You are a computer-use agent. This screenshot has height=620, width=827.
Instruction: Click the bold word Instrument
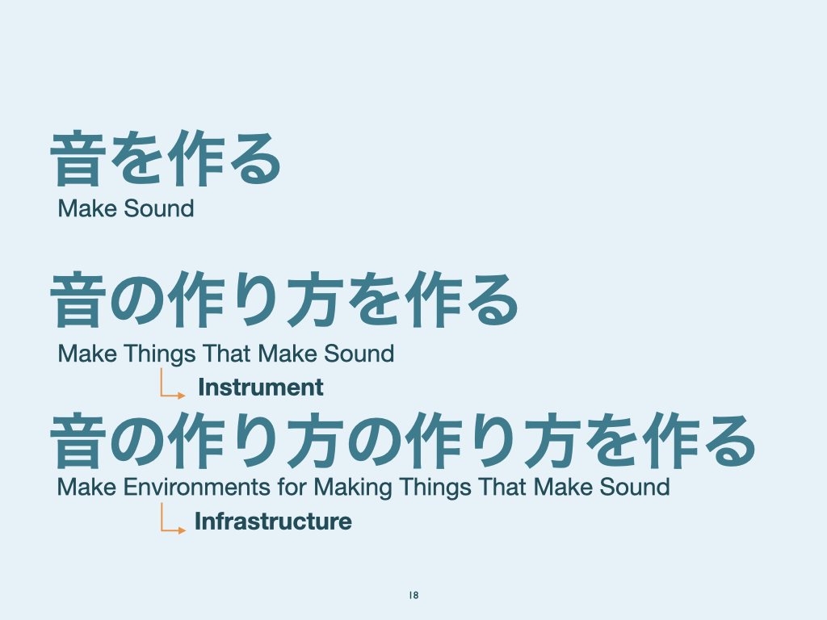pyautogui.click(x=261, y=387)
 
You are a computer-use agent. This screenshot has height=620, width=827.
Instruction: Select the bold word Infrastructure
pyautogui.click(x=273, y=522)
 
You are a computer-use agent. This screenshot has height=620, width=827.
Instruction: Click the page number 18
pyautogui.click(x=413, y=595)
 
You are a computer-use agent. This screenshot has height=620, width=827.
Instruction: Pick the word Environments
pyautogui.click(x=197, y=487)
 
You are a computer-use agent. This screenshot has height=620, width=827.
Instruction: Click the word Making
pyautogui.click(x=353, y=488)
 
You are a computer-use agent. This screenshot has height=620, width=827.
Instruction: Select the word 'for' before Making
pyautogui.click(x=292, y=487)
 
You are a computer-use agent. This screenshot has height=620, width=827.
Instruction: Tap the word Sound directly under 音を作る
pyautogui.click(x=159, y=208)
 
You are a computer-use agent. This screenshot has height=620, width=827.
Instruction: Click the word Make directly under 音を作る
pyautogui.click(x=87, y=208)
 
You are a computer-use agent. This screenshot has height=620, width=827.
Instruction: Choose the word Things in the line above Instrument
pyautogui.click(x=160, y=354)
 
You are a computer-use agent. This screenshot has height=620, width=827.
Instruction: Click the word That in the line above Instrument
pyautogui.click(x=227, y=354)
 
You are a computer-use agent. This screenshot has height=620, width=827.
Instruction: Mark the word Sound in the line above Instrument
pyautogui.click(x=359, y=354)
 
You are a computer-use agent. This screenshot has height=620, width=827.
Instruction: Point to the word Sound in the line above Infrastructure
pyautogui.click(x=635, y=487)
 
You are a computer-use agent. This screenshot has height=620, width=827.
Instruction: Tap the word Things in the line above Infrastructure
pyautogui.click(x=435, y=488)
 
